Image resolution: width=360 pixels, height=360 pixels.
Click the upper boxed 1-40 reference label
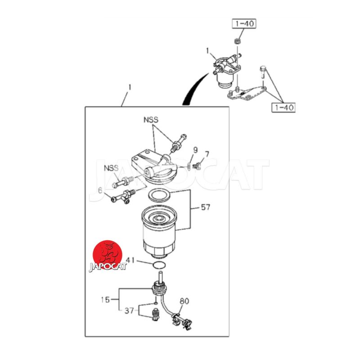tap(244, 24)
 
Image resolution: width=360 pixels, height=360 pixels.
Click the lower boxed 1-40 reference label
tap(283, 108)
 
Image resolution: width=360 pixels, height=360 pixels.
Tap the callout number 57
tap(206, 207)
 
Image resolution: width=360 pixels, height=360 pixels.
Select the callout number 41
tap(130, 260)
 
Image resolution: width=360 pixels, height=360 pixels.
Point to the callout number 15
tap(105, 300)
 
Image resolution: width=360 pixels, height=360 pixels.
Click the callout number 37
tap(129, 310)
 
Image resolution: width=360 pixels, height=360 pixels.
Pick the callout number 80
tap(184, 301)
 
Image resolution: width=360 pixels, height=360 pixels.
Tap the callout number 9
tap(195, 150)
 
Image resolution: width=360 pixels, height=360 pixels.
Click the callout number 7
tap(207, 154)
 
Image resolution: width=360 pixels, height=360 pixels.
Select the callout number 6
tap(100, 190)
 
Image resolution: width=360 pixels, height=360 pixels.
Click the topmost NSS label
tap(151, 120)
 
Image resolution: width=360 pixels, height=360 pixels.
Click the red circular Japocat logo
tap(108, 255)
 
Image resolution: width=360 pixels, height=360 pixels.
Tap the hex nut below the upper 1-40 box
tap(237, 42)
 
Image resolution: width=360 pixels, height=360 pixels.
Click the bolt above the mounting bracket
tap(263, 72)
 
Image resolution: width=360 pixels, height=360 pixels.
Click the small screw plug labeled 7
tap(197, 165)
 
